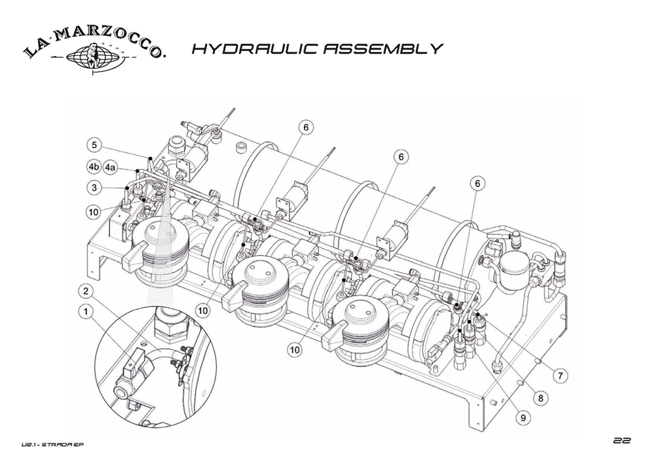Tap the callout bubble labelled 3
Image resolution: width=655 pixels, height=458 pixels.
pos(95,188)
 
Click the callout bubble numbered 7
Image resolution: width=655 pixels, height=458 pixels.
pos(561,376)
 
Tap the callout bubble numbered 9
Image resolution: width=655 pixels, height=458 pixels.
pos(524,415)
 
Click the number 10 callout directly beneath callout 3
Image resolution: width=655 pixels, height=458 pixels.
pos(95,211)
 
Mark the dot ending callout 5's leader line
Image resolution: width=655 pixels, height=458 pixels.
pos(150,159)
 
